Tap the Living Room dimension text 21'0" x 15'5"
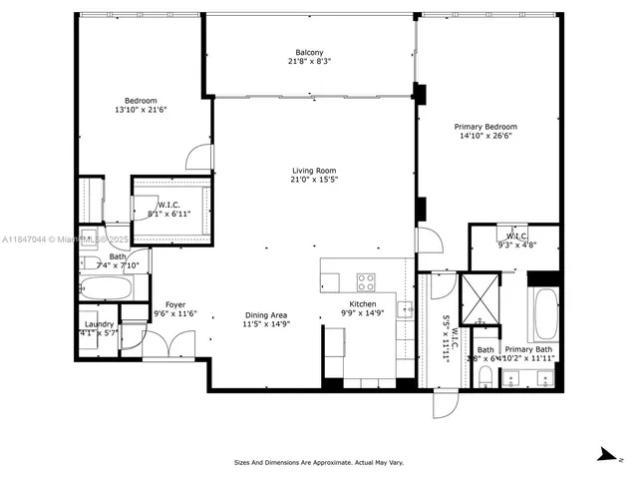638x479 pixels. (313, 180)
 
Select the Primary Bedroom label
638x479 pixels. (485, 127)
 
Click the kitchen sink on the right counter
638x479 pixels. (406, 309)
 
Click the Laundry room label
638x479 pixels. (98, 324)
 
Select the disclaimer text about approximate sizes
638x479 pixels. (319, 463)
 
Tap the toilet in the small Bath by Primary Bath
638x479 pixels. (484, 375)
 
